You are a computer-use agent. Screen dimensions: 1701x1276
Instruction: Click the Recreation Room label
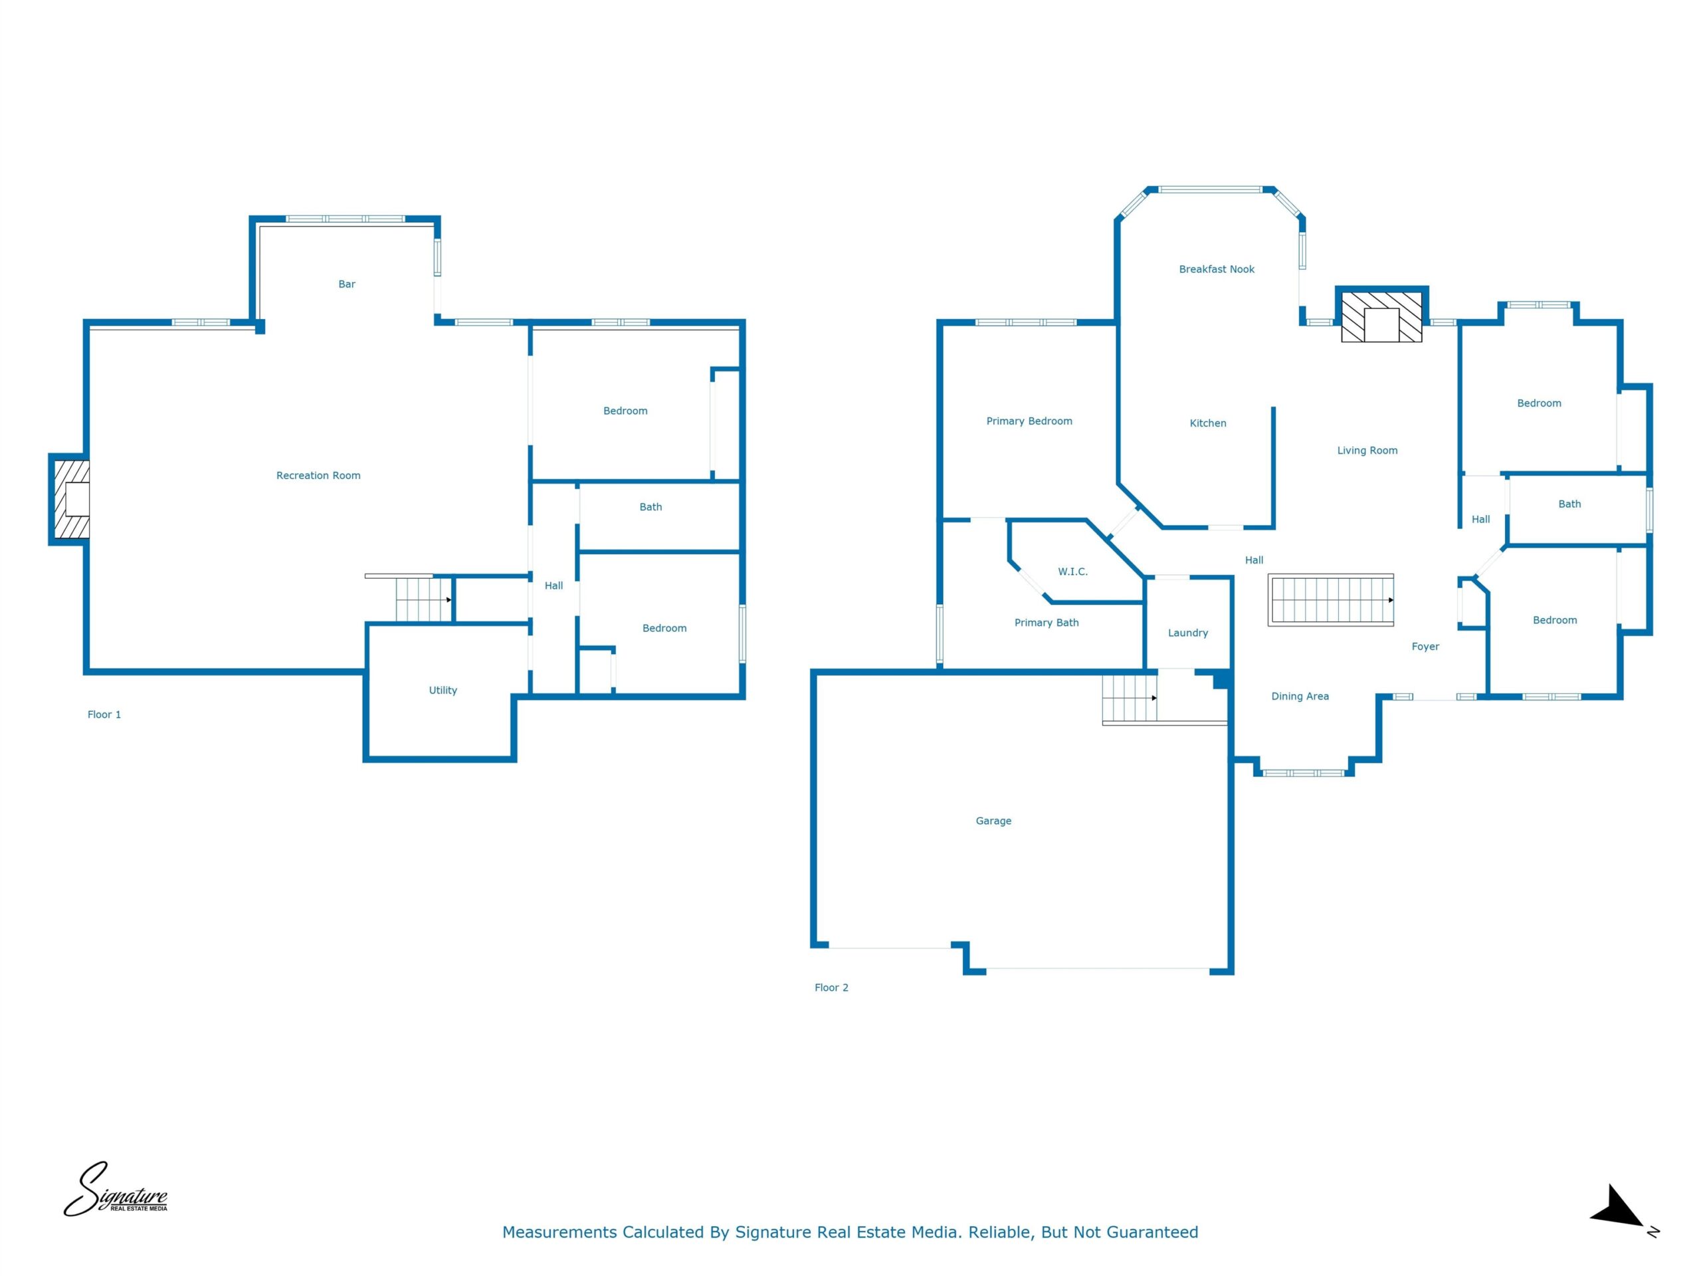(318, 475)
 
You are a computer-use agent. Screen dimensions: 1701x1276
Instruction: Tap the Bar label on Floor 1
(347, 284)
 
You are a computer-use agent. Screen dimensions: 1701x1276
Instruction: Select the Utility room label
(443, 690)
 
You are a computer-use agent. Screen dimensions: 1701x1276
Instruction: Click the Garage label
(993, 821)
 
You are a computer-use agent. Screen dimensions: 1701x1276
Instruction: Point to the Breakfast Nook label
(1217, 269)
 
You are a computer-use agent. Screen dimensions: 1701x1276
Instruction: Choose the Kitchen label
(1208, 423)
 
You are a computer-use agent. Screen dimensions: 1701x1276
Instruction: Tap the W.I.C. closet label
(1072, 572)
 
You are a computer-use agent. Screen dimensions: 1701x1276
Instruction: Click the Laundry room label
(1188, 633)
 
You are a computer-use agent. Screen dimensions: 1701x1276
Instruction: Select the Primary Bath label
(1047, 622)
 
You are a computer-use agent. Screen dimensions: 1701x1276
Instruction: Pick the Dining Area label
(1300, 696)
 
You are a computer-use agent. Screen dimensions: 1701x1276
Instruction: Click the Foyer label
(1425, 647)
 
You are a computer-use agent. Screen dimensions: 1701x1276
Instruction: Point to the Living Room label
(1367, 451)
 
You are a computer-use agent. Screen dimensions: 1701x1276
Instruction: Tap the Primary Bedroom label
(1029, 421)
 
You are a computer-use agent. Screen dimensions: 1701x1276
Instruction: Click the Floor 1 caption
(104, 714)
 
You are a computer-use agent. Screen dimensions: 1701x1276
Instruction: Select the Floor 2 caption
(831, 988)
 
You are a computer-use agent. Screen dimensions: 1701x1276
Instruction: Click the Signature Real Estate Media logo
(116, 1190)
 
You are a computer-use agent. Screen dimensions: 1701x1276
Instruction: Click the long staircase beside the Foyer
(1331, 600)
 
